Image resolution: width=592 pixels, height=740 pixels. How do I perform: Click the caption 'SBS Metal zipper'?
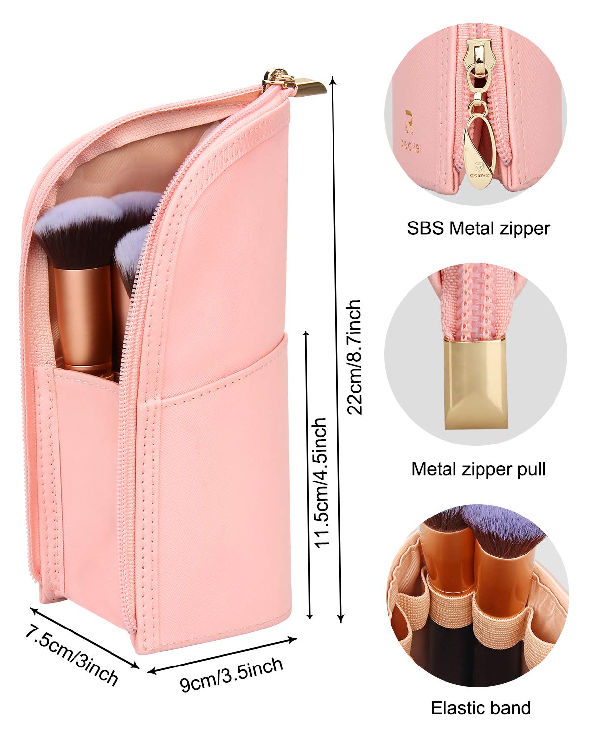479,228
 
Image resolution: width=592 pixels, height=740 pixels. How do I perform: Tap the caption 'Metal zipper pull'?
479,469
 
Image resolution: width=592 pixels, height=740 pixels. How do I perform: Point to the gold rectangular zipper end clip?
476,384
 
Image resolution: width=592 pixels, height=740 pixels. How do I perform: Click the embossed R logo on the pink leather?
408,122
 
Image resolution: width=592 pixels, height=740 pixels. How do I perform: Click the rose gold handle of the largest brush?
84,320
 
